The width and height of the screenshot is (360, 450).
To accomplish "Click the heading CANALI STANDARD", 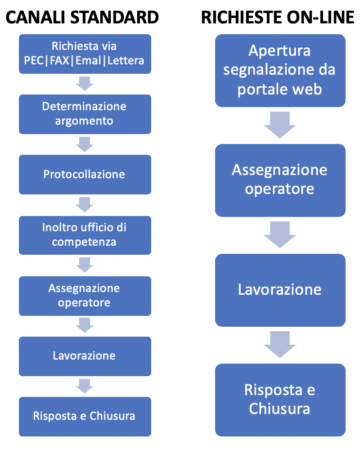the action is click(82, 17).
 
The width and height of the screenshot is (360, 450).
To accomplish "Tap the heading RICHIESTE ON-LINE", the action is click(278, 17).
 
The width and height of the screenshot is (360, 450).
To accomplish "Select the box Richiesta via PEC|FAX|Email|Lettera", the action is click(85, 54).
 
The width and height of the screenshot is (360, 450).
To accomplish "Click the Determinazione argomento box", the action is click(85, 114).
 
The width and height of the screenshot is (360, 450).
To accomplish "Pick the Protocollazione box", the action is click(85, 175).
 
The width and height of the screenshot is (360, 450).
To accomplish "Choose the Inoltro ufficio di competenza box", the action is click(85, 235).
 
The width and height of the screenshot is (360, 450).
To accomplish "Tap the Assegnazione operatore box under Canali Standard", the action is click(85, 296).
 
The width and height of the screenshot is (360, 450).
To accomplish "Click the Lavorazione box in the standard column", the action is click(85, 356).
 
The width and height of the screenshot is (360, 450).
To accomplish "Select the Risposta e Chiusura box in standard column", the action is click(85, 416).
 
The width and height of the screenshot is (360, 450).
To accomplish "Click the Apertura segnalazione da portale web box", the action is click(280, 71).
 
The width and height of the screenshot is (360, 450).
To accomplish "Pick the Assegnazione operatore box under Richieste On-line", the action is click(280, 180).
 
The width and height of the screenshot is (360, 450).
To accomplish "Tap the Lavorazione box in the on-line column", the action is click(280, 290).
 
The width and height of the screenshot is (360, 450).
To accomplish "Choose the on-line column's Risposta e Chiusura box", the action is click(280, 400).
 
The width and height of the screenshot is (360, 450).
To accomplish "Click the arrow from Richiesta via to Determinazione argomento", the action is click(85, 84).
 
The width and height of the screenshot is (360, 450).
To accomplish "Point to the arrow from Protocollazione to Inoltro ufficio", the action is click(85, 205).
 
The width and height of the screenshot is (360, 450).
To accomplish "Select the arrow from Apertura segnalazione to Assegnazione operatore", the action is click(280, 125).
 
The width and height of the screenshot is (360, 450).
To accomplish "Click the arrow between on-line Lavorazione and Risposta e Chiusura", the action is click(280, 345).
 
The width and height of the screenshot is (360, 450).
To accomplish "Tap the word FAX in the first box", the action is click(60, 61).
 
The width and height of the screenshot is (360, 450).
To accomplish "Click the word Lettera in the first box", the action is click(126, 61).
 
